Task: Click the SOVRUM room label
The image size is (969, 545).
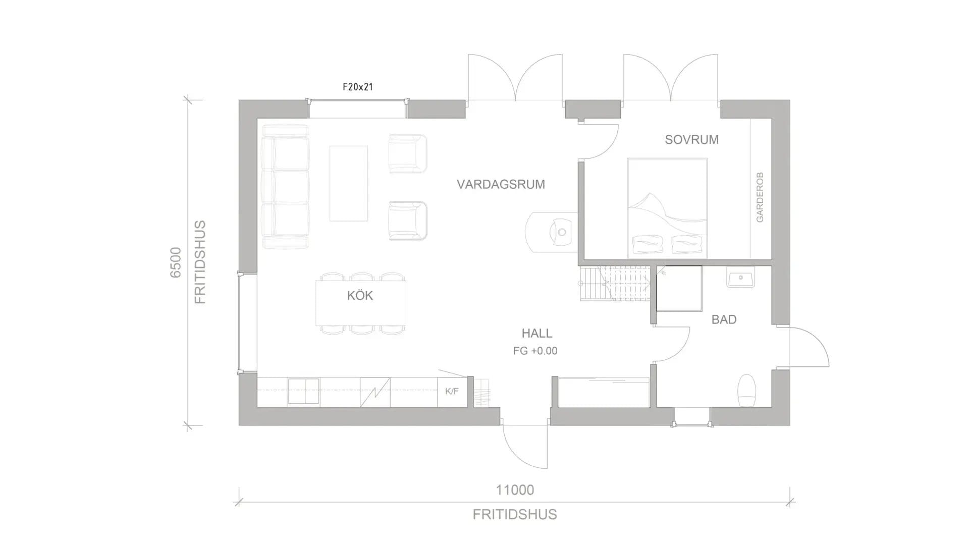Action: coord(691,140)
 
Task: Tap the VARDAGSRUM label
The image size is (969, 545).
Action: coord(501,184)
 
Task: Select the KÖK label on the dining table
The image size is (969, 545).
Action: coord(360,295)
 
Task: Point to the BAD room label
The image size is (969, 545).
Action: coord(724,319)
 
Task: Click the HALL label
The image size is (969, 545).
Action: coord(537,333)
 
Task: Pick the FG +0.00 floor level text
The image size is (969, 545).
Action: coord(535,351)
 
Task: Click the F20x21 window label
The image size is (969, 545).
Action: coord(357,87)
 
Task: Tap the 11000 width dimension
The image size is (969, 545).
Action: coord(515,490)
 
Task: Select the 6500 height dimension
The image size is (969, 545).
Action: coord(175,262)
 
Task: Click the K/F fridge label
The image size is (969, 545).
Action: coord(452,391)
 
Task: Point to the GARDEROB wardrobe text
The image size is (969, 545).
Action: coord(760,197)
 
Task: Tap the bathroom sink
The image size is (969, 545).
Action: coord(741,277)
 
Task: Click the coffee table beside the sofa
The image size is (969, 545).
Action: coord(348,183)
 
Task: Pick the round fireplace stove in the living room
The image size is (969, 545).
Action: coord(552,232)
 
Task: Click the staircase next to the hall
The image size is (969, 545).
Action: coord(615,284)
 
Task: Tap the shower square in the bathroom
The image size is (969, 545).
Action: coord(679,289)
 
